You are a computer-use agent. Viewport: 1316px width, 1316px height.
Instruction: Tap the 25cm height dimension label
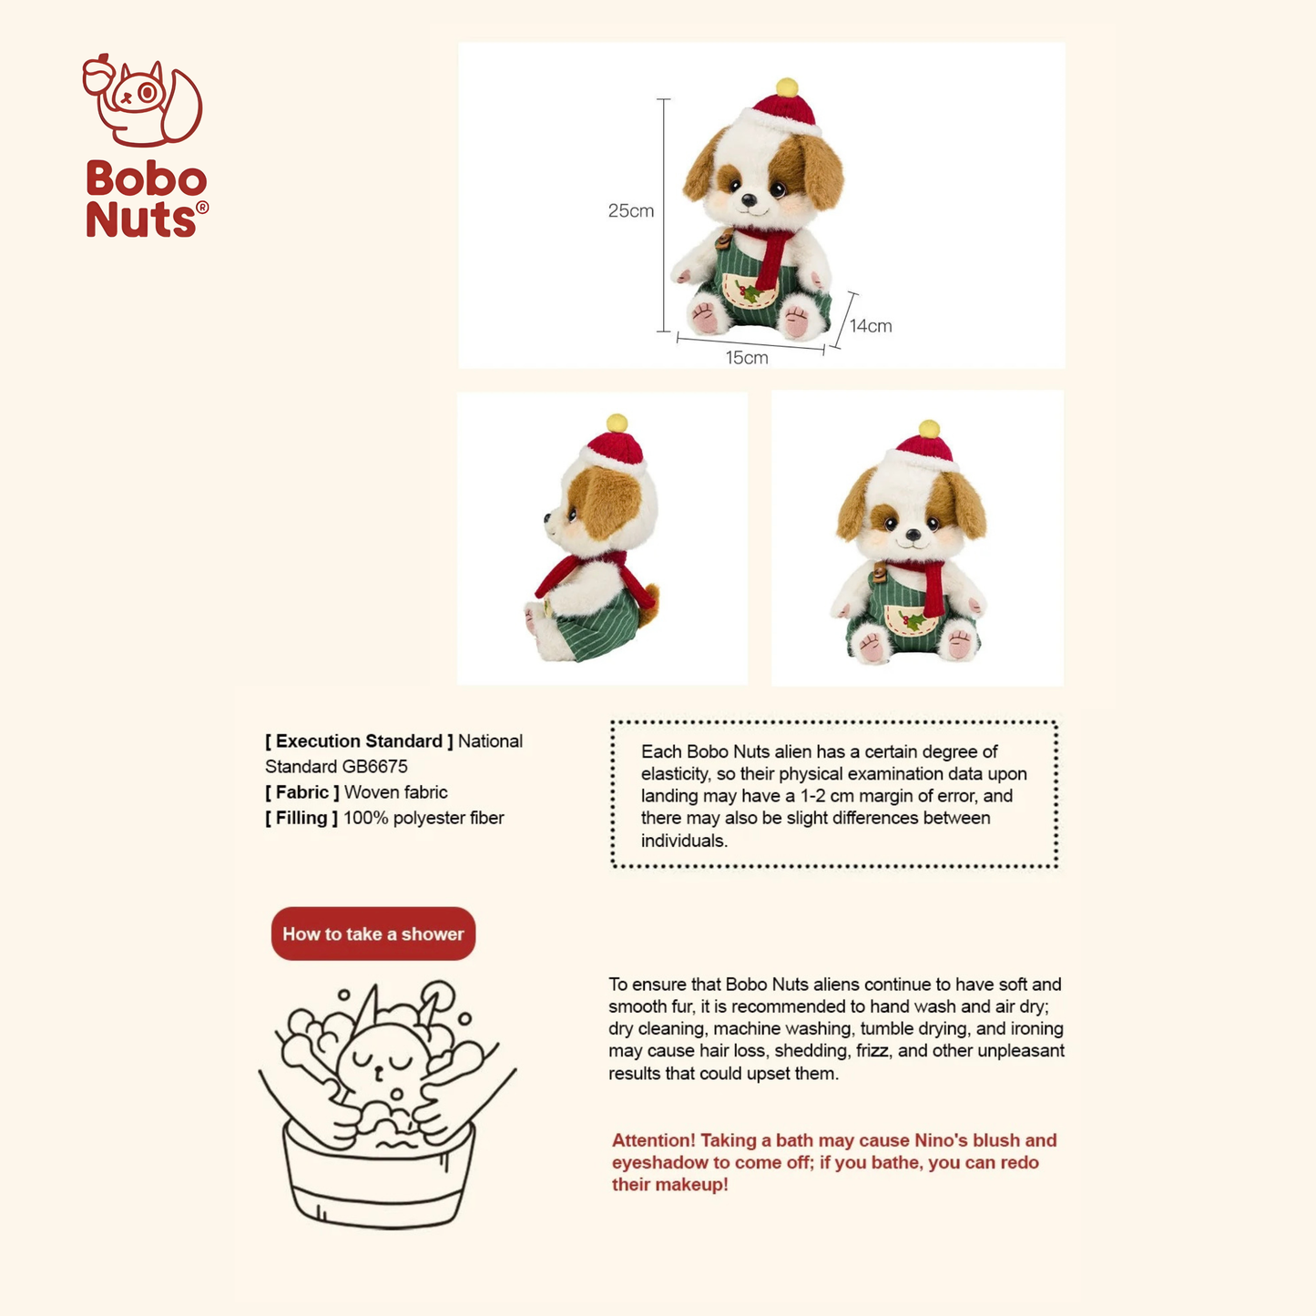click(631, 211)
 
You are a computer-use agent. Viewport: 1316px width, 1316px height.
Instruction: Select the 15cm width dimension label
click(747, 358)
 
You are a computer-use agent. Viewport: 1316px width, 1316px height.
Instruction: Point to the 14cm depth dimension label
click(871, 326)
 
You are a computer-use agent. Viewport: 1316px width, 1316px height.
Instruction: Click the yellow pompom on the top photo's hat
click(787, 87)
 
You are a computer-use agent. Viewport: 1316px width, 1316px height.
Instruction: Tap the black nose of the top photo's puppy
click(748, 200)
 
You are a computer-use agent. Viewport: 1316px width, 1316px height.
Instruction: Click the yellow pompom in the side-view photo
click(617, 423)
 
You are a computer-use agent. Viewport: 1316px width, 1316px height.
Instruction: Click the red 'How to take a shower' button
click(373, 933)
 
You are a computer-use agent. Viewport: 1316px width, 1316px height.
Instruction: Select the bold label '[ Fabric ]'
click(302, 792)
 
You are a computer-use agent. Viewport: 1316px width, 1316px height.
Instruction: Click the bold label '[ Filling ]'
click(301, 818)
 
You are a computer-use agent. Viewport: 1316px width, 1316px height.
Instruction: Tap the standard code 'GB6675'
click(374, 767)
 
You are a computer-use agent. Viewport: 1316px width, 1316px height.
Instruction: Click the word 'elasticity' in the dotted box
click(675, 774)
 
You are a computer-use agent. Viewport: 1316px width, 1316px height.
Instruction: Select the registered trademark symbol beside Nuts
click(202, 208)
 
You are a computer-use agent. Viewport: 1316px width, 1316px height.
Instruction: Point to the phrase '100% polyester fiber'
click(423, 818)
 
